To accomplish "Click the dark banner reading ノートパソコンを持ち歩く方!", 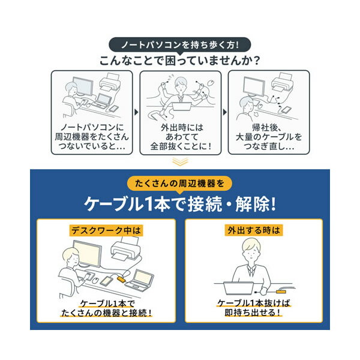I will click(x=180, y=44).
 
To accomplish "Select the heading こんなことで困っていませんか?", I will click(x=180, y=61).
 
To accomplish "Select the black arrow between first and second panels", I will click(x=136, y=112).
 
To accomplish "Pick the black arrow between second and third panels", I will click(x=224, y=112).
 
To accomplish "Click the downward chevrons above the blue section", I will click(x=180, y=161).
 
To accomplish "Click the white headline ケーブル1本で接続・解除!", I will click(x=180, y=203).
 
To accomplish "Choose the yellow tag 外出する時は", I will click(x=253, y=230).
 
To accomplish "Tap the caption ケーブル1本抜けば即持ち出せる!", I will click(x=253, y=308).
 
